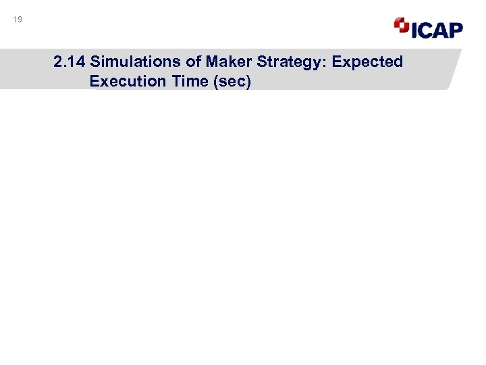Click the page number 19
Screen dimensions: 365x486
click(18, 20)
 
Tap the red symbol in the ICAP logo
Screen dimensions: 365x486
click(402, 26)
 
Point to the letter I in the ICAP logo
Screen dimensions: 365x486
click(414, 29)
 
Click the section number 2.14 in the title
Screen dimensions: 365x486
click(69, 62)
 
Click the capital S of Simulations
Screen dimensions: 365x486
click(95, 62)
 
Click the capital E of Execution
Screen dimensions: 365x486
click(93, 81)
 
